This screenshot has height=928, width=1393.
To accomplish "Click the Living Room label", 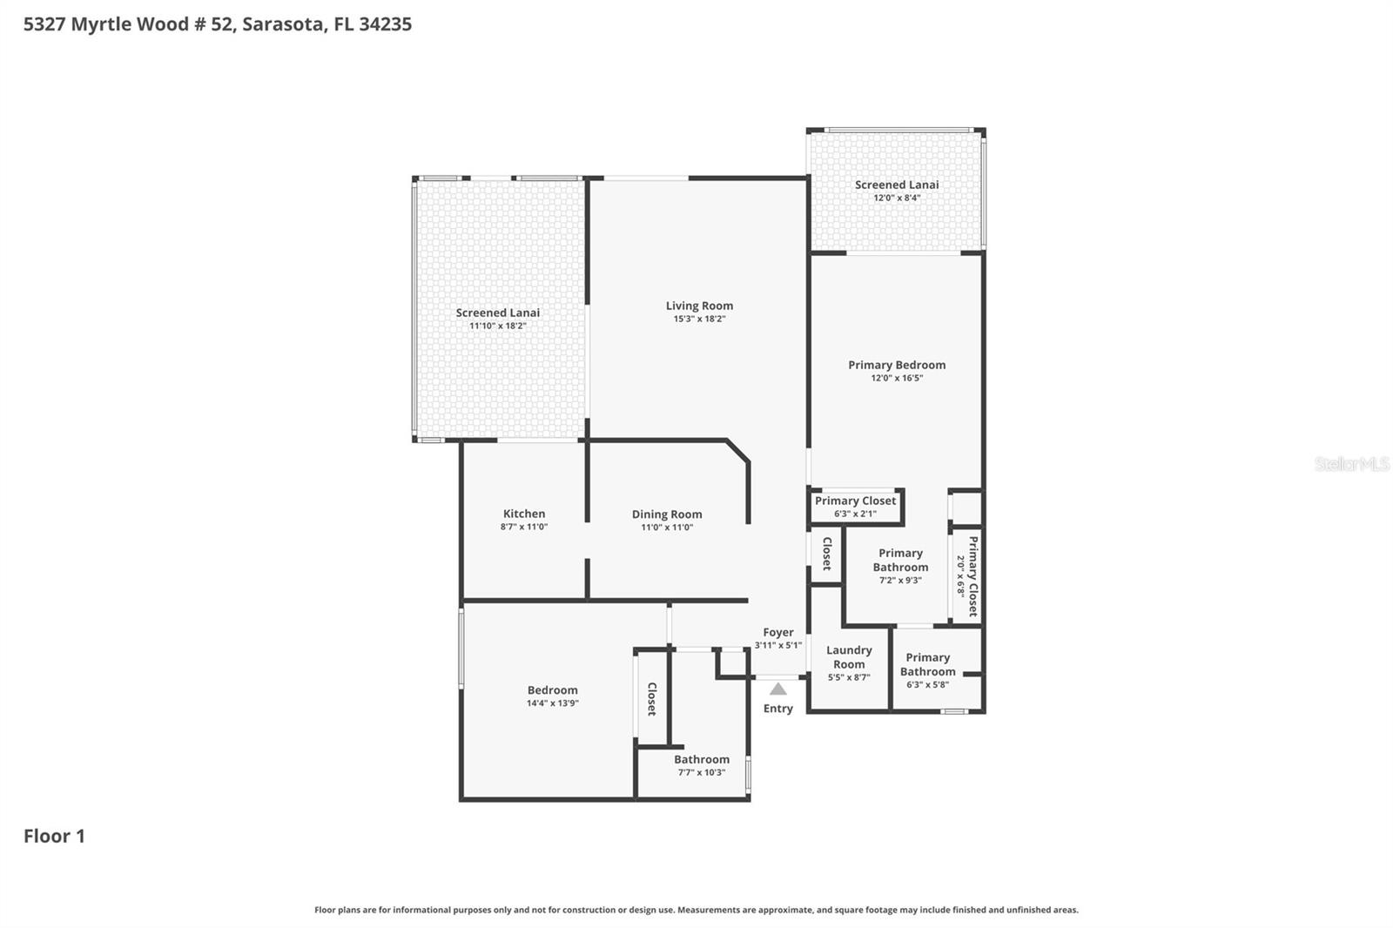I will [x=699, y=306].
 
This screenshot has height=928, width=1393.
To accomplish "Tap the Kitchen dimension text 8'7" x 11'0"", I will [x=523, y=528].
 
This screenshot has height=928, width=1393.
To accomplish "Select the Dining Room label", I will [x=667, y=514].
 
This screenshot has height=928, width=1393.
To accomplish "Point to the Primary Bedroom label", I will [x=897, y=365].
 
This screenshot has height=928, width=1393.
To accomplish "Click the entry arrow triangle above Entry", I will [x=778, y=689].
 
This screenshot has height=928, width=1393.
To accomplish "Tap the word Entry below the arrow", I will [x=778, y=709].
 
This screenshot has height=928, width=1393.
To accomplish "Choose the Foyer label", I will [x=778, y=633].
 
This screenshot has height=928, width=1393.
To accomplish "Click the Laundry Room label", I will [x=849, y=657].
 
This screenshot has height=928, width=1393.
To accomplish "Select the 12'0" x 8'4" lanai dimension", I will [x=897, y=198].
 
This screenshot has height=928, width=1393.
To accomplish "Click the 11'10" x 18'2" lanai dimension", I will [x=498, y=326].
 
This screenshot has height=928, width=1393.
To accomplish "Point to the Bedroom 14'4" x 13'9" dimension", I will [x=552, y=703].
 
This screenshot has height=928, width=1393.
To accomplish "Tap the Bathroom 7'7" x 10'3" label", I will [x=702, y=765].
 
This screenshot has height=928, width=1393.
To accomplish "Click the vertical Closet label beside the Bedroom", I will [x=651, y=699].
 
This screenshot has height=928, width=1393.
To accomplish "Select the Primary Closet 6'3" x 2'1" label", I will [x=855, y=507].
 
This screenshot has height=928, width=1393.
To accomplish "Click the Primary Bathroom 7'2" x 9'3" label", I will [x=900, y=566].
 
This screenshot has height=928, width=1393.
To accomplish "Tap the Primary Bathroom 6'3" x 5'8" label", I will [x=927, y=670].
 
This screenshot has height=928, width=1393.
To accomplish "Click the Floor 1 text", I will [x=54, y=836].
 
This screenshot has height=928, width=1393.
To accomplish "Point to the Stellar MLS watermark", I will [x=1351, y=464].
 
